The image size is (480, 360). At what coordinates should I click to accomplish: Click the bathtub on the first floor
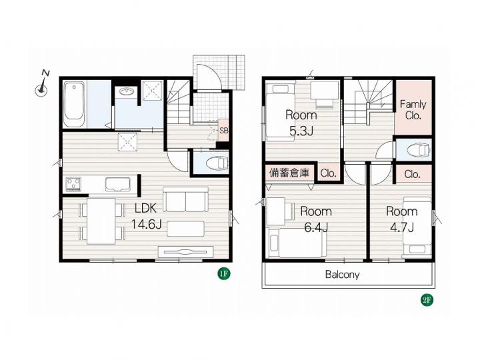74,105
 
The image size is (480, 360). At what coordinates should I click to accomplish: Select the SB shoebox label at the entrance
224,131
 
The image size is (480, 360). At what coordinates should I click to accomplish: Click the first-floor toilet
217,164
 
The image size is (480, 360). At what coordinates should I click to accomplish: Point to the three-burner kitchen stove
73,184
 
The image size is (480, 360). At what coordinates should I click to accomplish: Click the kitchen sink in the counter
118,185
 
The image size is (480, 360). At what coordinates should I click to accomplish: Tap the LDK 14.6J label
146,217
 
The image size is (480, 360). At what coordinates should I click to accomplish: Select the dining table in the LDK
101,221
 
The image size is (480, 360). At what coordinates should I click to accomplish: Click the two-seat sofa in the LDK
185,199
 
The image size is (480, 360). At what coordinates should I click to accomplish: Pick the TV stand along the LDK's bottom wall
186,252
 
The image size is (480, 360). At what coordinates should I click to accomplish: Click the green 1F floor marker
224,273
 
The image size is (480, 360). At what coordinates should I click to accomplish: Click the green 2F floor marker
427,300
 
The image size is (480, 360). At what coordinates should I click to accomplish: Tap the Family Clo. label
413,110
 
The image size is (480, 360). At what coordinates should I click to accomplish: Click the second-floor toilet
419,150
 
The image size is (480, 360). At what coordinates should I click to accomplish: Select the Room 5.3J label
301,123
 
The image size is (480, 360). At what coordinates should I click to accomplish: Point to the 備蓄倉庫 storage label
289,173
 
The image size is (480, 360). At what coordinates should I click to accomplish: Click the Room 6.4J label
316,219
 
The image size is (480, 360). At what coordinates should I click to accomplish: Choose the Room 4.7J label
401,219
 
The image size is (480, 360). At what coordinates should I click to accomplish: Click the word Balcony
342,275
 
